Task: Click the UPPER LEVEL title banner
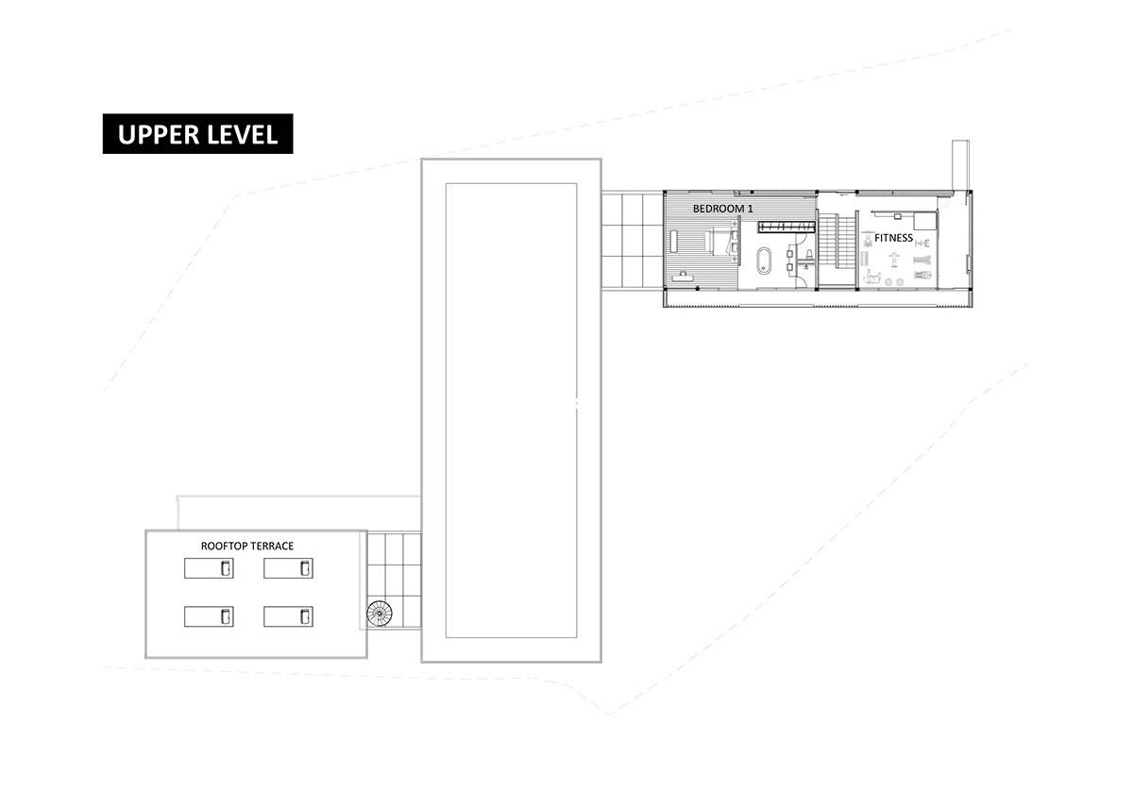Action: tap(197, 134)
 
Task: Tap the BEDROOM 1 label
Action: tap(724, 208)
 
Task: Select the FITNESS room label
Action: tap(893, 238)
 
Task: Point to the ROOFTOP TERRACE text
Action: tap(247, 546)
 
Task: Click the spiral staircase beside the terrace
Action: tap(379, 614)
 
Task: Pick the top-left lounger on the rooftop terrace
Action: tap(208, 567)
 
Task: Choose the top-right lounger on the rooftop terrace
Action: tap(288, 567)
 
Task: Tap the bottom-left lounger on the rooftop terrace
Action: tap(208, 616)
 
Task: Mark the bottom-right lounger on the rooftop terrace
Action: tap(288, 616)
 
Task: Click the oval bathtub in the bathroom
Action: tap(764, 260)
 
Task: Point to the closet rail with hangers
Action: tap(786, 226)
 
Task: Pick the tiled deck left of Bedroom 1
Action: tap(632, 240)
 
